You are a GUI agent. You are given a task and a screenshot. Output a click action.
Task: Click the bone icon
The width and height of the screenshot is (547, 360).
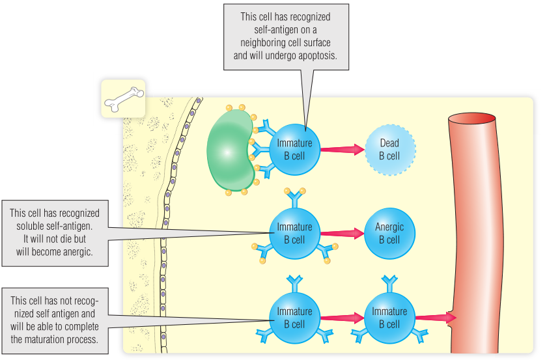(122, 98)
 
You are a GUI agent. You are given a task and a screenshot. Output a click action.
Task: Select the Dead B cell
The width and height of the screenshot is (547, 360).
(389, 149)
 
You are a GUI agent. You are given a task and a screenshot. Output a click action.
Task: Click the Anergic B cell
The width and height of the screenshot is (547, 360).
(389, 233)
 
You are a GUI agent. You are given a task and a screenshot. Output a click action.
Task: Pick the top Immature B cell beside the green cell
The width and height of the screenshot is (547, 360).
(294, 149)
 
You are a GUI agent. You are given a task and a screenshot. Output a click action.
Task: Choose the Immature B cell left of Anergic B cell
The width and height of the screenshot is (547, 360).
(294, 233)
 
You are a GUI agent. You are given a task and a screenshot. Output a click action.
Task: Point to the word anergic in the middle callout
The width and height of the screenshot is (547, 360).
(74, 251)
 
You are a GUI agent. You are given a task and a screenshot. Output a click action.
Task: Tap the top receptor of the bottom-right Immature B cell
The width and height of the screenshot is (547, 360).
(389, 281)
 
